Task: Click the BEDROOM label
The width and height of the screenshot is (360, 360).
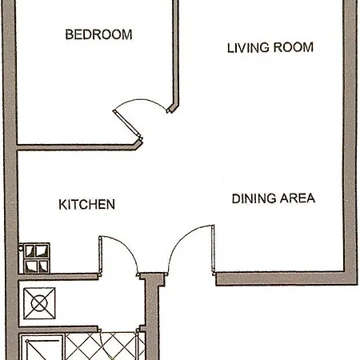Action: [98, 34]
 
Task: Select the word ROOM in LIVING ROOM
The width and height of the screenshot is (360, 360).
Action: [294, 47]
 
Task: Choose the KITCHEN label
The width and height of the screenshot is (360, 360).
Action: [87, 205]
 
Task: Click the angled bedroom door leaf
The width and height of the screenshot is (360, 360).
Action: [127, 125]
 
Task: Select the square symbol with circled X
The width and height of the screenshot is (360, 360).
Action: [39, 303]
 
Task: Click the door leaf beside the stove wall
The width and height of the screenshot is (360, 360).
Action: [100, 254]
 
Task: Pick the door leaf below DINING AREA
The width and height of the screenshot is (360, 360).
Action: [214, 250]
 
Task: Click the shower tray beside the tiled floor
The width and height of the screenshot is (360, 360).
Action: [42, 348]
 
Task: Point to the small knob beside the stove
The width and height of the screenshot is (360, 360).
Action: [21, 248]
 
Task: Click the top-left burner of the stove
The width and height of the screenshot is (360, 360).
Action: [30, 251]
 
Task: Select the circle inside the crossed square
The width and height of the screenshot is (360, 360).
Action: [39, 303]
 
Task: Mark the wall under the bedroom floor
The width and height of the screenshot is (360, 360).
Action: [78, 147]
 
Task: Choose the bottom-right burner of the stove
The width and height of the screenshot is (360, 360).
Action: [43, 266]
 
